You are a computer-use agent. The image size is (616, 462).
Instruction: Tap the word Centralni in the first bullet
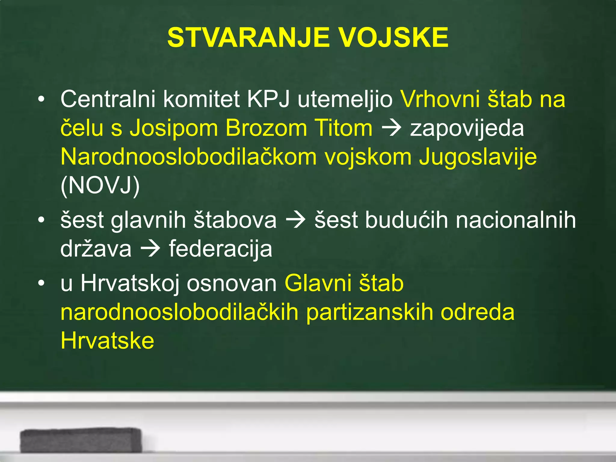(108, 99)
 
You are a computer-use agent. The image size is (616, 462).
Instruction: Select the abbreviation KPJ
(268, 99)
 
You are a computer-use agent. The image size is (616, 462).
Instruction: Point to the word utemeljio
(345, 99)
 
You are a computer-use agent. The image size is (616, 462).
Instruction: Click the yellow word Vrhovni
(440, 99)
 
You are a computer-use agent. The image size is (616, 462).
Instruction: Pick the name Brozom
(266, 128)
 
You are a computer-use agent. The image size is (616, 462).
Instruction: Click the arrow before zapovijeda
(391, 128)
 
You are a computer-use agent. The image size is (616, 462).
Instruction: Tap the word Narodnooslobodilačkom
(189, 157)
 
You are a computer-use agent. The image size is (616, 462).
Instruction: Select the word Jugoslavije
(478, 157)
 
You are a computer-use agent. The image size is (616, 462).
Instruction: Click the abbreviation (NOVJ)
(100, 186)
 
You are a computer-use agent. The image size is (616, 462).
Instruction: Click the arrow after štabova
(296, 220)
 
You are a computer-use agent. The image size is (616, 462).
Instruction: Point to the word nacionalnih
(516, 220)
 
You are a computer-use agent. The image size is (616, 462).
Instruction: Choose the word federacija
(220, 249)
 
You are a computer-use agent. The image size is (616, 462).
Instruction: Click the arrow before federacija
(150, 249)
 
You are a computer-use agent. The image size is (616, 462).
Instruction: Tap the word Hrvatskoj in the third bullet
(130, 283)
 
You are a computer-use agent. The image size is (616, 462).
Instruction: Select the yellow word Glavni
(318, 283)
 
